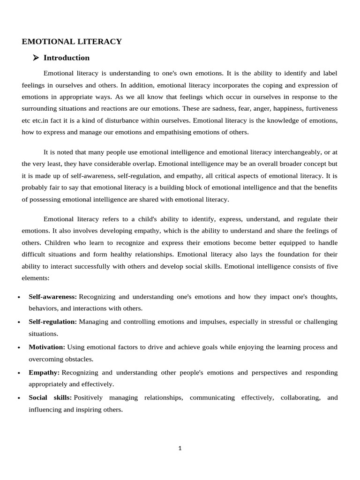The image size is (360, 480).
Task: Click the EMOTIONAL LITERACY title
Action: point(72,42)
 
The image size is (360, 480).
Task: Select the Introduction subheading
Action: point(66,58)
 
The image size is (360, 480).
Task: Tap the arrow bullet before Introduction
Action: point(36,58)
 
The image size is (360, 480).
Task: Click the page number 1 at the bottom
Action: point(180,448)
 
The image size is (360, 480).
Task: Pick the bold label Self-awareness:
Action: point(52,297)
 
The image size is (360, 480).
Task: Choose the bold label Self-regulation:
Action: point(52,322)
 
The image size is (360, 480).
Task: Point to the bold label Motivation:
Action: point(47,347)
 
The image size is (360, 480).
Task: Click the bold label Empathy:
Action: point(44,372)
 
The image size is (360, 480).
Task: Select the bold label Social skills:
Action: point(50,397)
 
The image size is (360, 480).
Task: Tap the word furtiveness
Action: point(319,108)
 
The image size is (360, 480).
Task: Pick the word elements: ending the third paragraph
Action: point(36,277)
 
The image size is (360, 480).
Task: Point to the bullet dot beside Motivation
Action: point(18,348)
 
